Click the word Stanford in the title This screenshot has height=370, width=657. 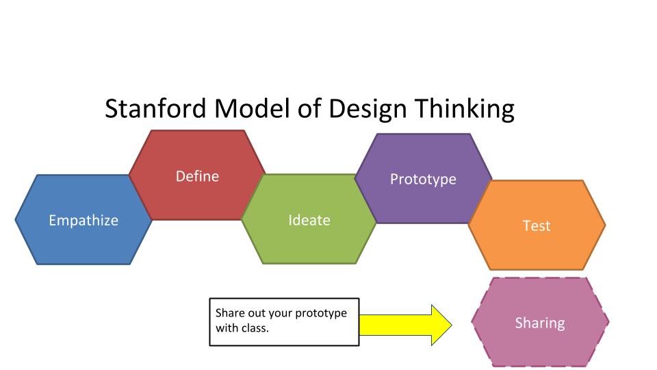pyautogui.click(x=155, y=108)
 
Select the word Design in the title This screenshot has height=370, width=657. pyautogui.click(x=368, y=110)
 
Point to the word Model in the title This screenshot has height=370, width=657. pyautogui.click(x=252, y=108)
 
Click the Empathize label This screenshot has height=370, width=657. pyautogui.click(x=83, y=220)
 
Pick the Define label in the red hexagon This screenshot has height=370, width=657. pyautogui.click(x=197, y=176)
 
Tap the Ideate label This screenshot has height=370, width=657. pyautogui.click(x=309, y=220)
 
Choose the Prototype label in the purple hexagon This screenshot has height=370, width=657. pyautogui.click(x=423, y=180)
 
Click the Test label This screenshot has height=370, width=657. pyautogui.click(x=537, y=225)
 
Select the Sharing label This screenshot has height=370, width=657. pyautogui.click(x=540, y=323)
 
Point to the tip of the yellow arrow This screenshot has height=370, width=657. pyautogui.click(x=452, y=325)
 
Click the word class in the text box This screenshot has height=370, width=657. pyautogui.click(x=255, y=328)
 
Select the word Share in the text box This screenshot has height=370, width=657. pyautogui.click(x=230, y=312)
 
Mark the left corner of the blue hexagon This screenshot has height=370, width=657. pyautogui.click(x=16, y=219)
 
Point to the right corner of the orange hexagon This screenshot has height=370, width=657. pyautogui.click(x=605, y=225)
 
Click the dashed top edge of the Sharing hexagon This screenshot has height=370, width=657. pyautogui.click(x=540, y=277)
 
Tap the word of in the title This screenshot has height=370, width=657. pyautogui.click(x=309, y=108)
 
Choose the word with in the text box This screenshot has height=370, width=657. pyautogui.click(x=227, y=328)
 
